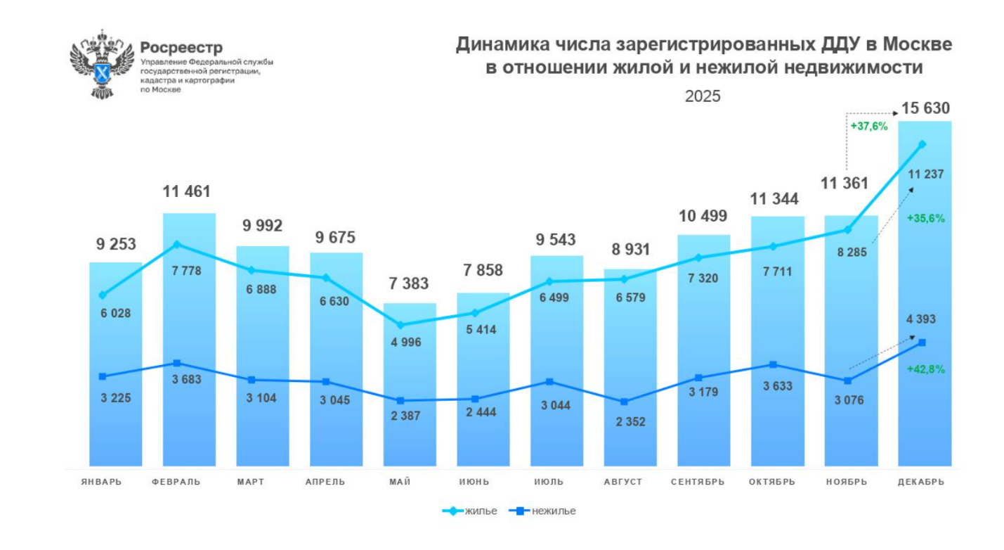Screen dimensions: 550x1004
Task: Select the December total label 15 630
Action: pos(925,108)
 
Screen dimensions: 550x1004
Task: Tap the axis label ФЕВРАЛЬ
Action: pos(176,482)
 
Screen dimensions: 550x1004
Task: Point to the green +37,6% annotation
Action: pos(869,127)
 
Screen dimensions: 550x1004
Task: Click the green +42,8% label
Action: pos(925,369)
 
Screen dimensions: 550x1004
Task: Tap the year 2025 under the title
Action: pos(703,96)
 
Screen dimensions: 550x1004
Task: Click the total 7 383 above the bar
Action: pos(410,284)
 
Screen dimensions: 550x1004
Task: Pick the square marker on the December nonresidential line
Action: pos(922,343)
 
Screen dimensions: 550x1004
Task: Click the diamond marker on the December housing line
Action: pos(922,144)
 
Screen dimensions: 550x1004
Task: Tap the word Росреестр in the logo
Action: pos(181,48)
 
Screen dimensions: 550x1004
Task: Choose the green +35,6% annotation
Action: pos(925,218)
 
